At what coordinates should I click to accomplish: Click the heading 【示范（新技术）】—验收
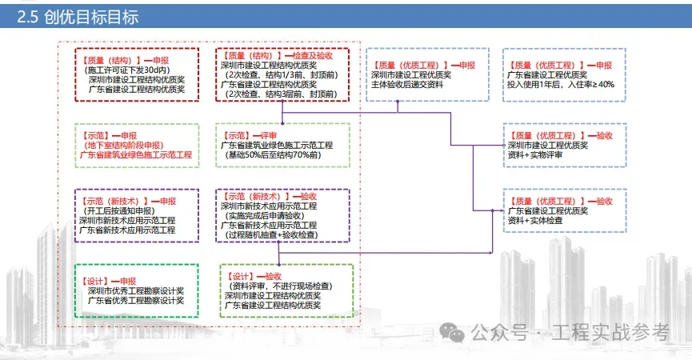click(272, 196)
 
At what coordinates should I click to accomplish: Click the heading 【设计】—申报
click(109, 282)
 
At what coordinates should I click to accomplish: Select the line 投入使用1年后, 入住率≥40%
click(560, 84)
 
